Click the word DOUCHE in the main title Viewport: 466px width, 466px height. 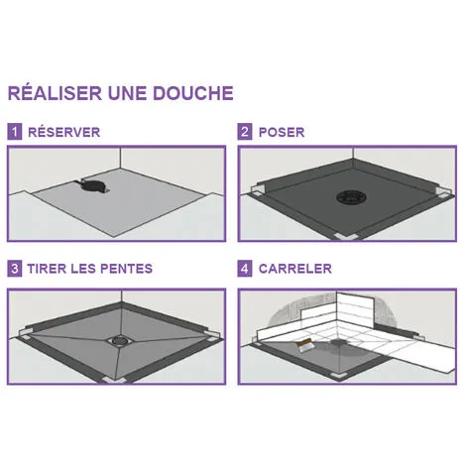click(x=193, y=93)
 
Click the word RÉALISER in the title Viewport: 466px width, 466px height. click(x=55, y=92)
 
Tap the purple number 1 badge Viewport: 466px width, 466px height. click(x=15, y=132)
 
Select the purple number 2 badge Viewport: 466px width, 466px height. click(x=245, y=132)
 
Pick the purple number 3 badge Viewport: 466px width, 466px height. click(x=15, y=269)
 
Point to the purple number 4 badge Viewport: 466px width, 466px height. click(x=245, y=269)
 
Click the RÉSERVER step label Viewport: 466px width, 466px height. click(x=64, y=132)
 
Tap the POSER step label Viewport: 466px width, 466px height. click(x=282, y=132)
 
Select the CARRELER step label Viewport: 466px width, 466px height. click(x=295, y=269)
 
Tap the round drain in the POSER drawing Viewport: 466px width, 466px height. click(x=351, y=198)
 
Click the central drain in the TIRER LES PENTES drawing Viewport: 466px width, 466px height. click(x=119, y=341)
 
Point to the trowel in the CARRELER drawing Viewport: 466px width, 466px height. click(x=303, y=346)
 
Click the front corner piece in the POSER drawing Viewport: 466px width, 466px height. click(x=345, y=237)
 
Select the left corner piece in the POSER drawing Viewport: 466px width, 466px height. click(x=258, y=191)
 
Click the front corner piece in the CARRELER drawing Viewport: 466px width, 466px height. click(x=338, y=376)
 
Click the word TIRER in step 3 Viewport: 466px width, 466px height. click(x=48, y=269)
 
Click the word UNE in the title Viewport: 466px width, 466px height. click(x=128, y=93)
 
